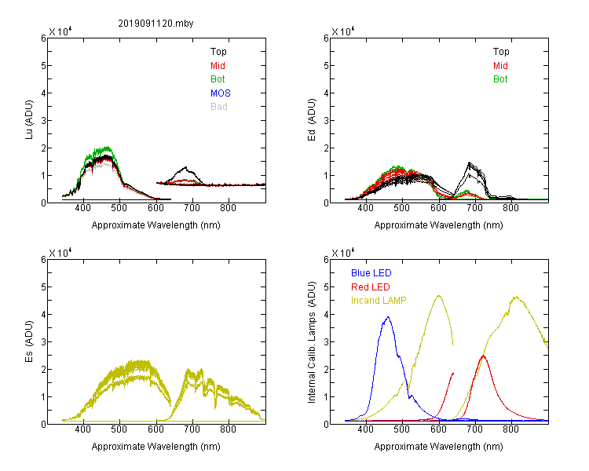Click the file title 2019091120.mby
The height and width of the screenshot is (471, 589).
point(155,24)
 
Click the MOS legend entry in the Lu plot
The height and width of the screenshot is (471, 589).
point(221,93)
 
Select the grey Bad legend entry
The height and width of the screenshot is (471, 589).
point(219,107)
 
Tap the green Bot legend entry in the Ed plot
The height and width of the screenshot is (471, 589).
point(500,79)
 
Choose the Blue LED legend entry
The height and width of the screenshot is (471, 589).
point(371,273)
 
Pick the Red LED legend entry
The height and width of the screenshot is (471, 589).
point(371,287)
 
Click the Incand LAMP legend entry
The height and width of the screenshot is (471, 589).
point(379,301)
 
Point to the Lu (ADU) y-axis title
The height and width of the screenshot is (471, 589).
point(29,120)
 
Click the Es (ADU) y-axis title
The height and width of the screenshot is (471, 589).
point(29,341)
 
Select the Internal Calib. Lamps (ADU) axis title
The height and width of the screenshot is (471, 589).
point(312,342)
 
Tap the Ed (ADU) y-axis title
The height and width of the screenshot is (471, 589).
point(312,120)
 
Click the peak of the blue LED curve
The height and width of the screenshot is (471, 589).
point(388,317)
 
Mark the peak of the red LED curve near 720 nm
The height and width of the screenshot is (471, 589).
point(483,356)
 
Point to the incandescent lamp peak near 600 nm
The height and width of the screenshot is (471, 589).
point(439,296)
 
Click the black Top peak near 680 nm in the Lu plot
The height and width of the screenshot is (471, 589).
point(185,167)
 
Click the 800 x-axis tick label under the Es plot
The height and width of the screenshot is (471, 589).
point(228,429)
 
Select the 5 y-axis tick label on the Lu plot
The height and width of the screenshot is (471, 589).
point(43,66)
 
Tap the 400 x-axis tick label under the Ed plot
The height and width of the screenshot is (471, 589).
point(365,208)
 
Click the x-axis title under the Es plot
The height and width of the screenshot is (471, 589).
point(156,447)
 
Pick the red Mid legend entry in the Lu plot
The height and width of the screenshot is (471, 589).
point(218,66)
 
